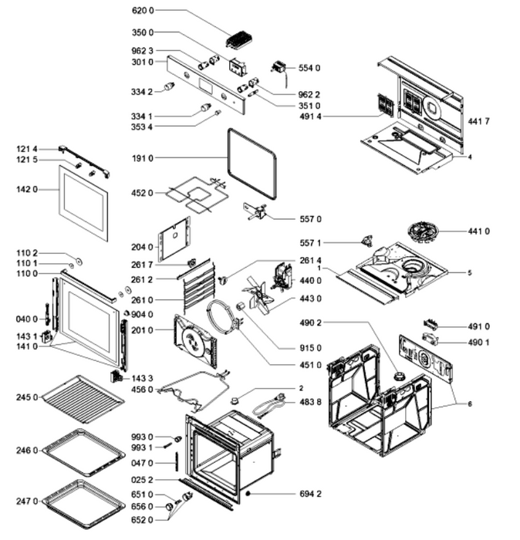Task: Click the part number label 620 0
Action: point(143,10)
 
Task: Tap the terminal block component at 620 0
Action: point(239,39)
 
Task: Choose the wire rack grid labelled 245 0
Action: point(83,399)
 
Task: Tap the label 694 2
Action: point(310,494)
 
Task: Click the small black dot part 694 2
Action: point(248,494)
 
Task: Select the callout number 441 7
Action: point(478,121)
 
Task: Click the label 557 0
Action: point(310,219)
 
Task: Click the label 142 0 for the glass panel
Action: point(27,190)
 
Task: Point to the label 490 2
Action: point(310,322)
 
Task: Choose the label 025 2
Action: point(142,480)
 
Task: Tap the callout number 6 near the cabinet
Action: point(469,403)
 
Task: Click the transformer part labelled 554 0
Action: point(279,67)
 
